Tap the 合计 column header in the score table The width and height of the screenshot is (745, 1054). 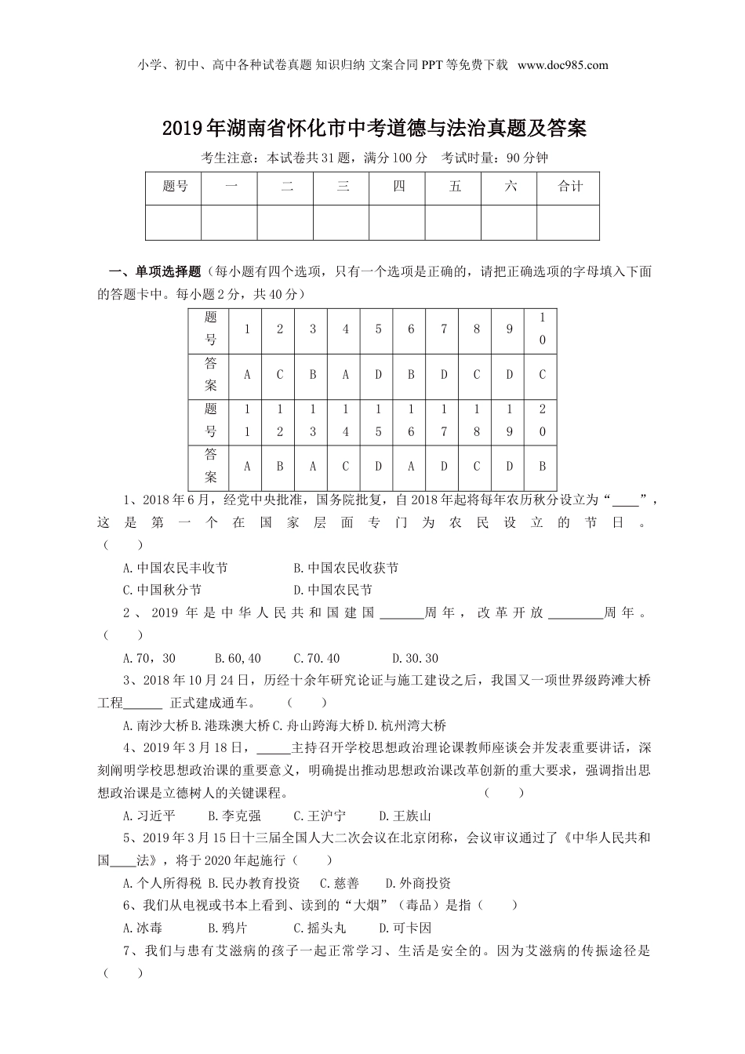(569, 187)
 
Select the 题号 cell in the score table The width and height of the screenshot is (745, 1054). (174, 187)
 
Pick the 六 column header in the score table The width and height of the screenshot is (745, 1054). (510, 187)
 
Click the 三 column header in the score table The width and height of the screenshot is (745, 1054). (342, 187)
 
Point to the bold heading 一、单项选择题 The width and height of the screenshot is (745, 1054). (154, 272)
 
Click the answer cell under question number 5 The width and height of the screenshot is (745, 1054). (378, 375)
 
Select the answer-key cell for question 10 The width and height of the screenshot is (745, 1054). (541, 375)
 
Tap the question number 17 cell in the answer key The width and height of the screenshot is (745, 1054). (444, 420)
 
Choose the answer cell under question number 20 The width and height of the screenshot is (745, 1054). (541, 466)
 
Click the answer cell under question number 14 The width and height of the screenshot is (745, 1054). (345, 466)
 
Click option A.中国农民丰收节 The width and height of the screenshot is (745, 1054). (176, 568)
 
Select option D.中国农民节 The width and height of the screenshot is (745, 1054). (333, 590)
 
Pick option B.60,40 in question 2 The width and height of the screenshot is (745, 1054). (238, 658)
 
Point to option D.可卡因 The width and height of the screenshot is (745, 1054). (405, 928)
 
